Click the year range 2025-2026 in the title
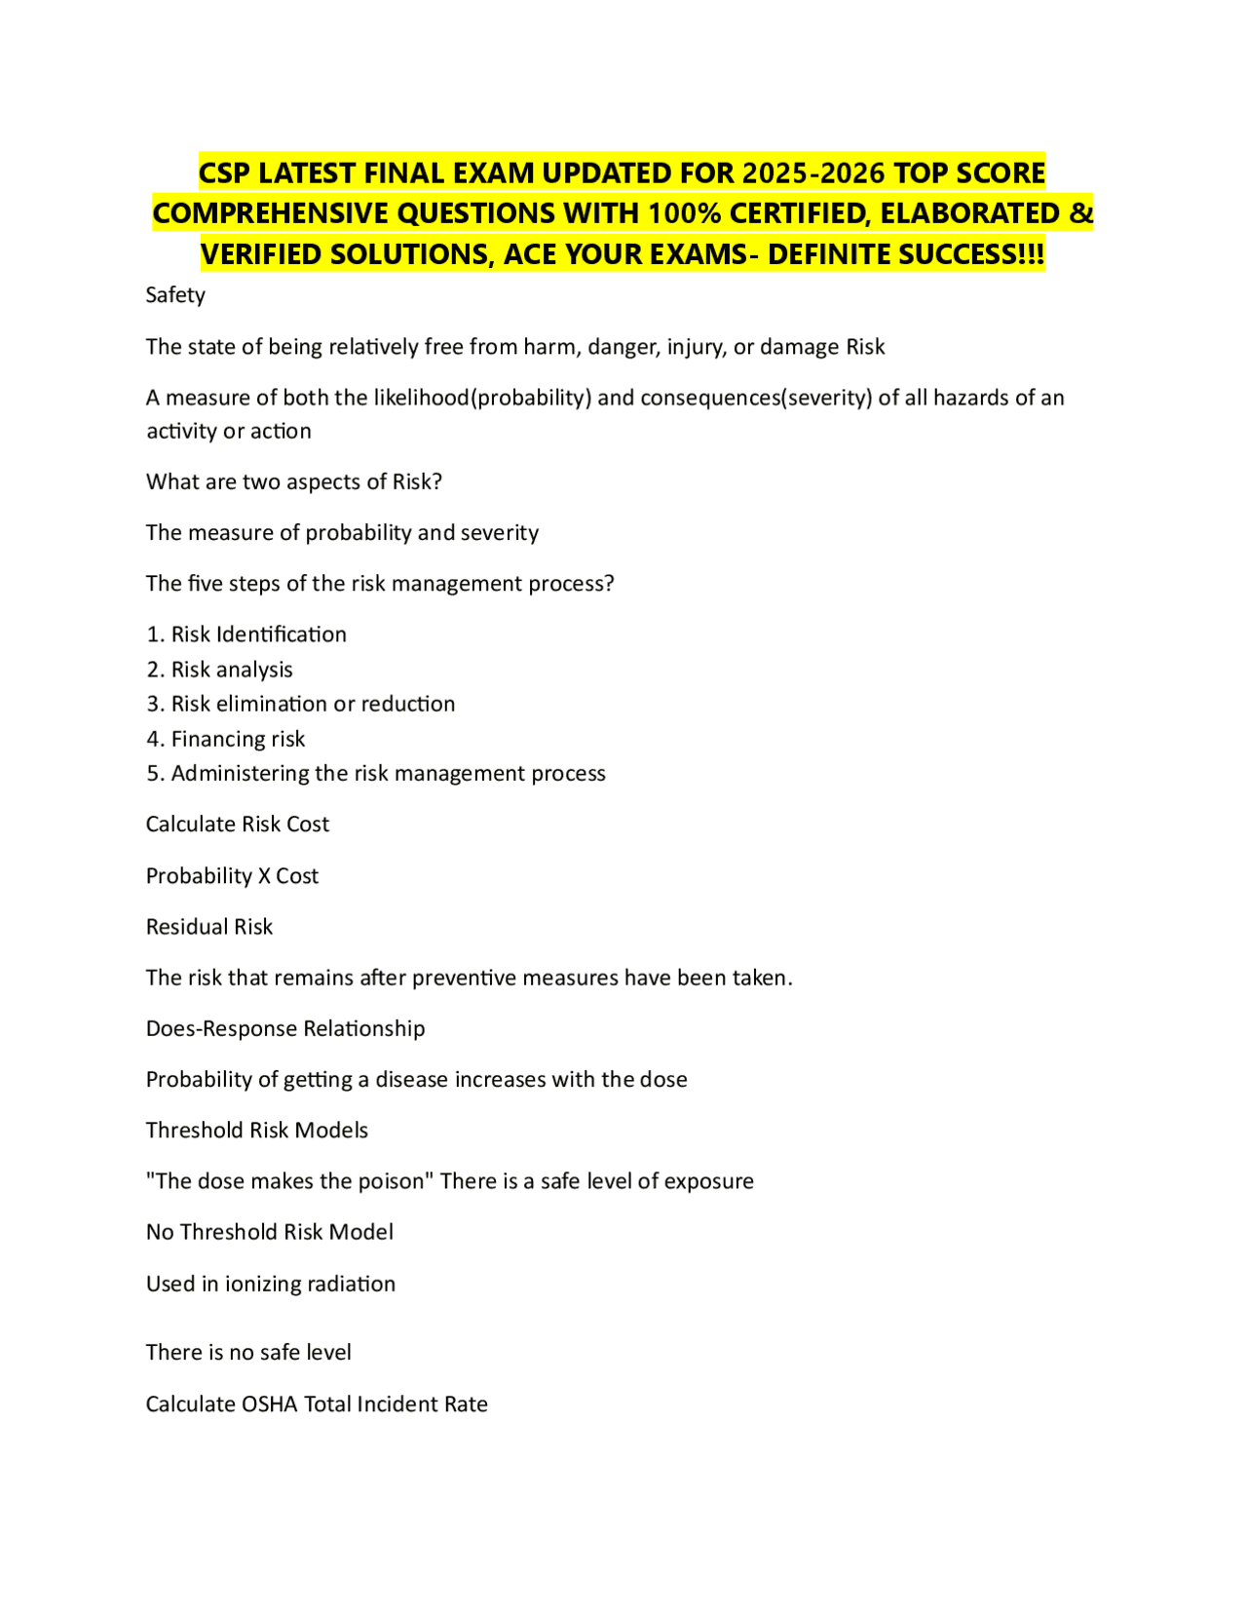813,173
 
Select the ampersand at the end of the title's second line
1081,213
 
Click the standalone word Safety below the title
175,295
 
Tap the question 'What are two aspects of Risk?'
294,481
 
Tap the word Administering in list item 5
233,773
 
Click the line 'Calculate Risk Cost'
238,825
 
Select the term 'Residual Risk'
209,927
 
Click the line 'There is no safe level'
248,1353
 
